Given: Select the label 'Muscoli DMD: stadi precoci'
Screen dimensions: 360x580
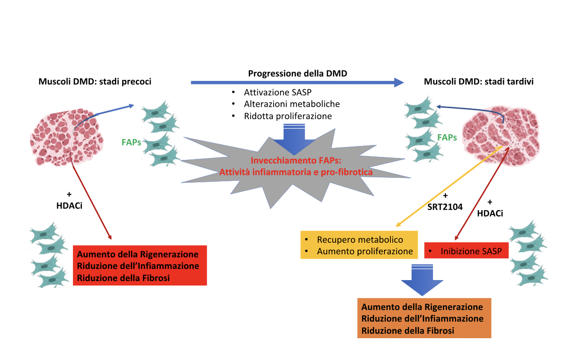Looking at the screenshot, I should (95, 81).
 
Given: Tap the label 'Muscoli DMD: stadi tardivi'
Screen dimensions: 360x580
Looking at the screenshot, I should (479, 81).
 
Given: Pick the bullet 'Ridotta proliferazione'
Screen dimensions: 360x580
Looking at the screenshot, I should (288, 116).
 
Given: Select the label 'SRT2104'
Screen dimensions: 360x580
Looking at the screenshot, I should (445, 207).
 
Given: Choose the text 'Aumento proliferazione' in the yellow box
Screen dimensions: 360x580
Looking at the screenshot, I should (365, 251).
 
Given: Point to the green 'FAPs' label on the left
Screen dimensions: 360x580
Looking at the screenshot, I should (131, 142).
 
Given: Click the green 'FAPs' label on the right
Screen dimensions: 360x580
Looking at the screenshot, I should (447, 137).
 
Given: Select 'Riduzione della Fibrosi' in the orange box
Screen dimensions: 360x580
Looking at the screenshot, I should (408, 331).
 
